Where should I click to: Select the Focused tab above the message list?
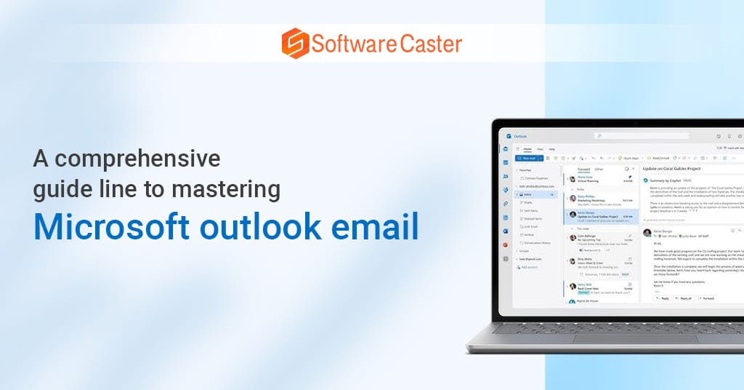585,168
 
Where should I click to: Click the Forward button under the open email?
707,298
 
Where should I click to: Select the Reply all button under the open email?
684,298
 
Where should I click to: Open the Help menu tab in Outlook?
551,148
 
